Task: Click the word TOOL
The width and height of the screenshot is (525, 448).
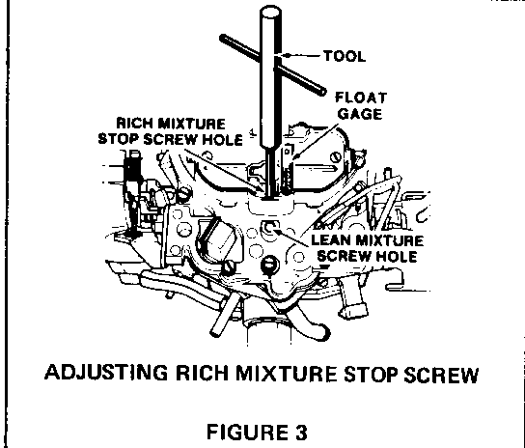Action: (x=345, y=56)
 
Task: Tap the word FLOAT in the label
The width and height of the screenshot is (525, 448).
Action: (x=361, y=98)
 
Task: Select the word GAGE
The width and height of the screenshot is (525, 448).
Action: (x=360, y=114)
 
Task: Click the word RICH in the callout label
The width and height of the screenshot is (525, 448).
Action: (x=133, y=124)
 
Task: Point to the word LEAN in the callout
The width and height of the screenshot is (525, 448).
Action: (x=331, y=240)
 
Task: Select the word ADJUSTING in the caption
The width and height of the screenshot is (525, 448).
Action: (x=106, y=373)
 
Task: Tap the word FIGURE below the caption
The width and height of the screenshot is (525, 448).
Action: (x=247, y=432)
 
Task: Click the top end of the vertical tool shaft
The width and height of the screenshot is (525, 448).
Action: (x=270, y=11)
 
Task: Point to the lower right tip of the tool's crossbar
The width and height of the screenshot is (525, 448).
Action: (x=323, y=91)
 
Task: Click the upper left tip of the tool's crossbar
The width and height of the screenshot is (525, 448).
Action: (x=223, y=38)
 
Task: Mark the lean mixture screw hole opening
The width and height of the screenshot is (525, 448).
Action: (x=269, y=228)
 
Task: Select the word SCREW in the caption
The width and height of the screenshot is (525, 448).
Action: (x=441, y=374)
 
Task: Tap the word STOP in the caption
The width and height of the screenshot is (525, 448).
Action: (x=371, y=374)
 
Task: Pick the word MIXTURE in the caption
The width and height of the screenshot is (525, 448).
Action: (x=287, y=373)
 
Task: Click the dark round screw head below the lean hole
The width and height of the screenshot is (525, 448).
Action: (x=269, y=265)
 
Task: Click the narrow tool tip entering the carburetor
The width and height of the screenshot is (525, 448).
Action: (x=270, y=174)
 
